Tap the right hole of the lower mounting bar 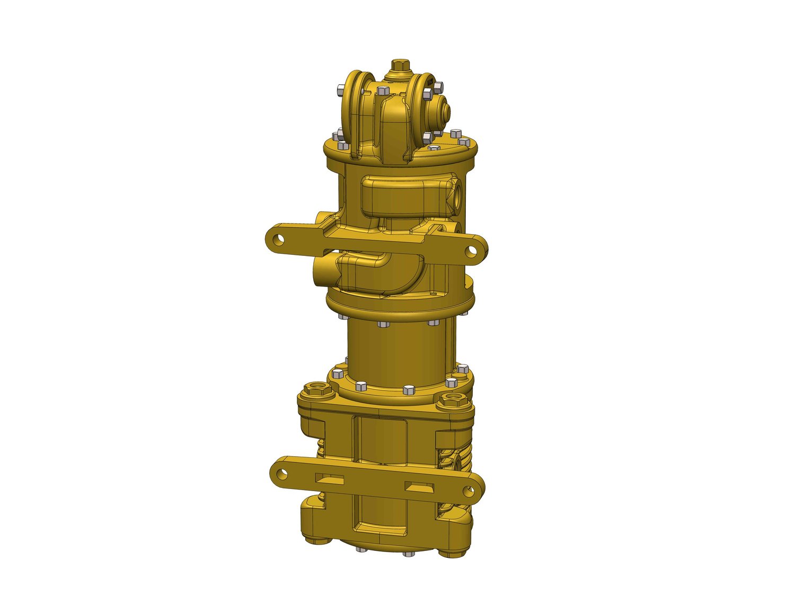(469, 491)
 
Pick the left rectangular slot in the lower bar (330, 478)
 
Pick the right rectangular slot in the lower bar (420, 486)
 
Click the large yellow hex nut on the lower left (316, 390)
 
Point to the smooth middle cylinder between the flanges (397, 350)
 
